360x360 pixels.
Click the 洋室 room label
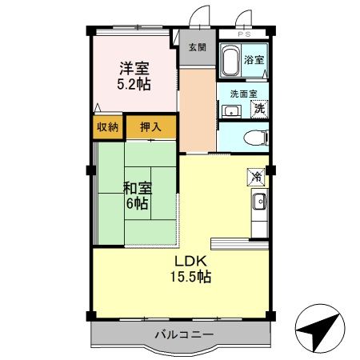[134, 69]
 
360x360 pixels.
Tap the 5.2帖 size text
[134, 84]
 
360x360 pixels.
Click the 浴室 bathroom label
[254, 60]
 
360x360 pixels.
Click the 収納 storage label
[108, 127]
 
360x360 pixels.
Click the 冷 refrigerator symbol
[256, 176]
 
